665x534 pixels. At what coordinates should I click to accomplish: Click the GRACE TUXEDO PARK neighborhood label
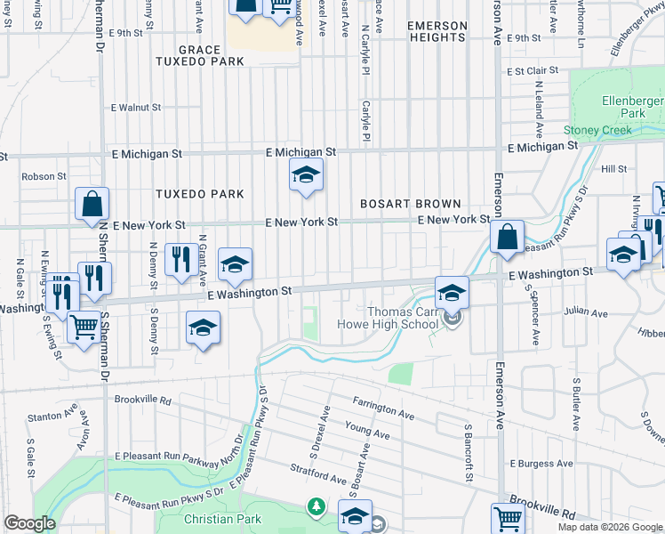tap(198, 55)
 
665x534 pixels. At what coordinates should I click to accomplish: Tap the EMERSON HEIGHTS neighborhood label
tap(437, 32)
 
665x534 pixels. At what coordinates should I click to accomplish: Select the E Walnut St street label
tap(135, 107)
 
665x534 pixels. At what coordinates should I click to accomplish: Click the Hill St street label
tap(614, 168)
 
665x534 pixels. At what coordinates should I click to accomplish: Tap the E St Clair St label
tap(532, 70)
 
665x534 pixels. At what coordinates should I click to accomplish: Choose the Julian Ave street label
tap(588, 313)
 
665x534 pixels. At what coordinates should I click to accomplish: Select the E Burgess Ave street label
tap(541, 464)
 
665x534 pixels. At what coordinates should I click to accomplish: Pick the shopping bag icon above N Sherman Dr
tap(92, 204)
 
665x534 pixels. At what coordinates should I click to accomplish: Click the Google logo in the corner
tap(29, 523)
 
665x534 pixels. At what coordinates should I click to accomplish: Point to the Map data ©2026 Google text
tap(610, 527)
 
